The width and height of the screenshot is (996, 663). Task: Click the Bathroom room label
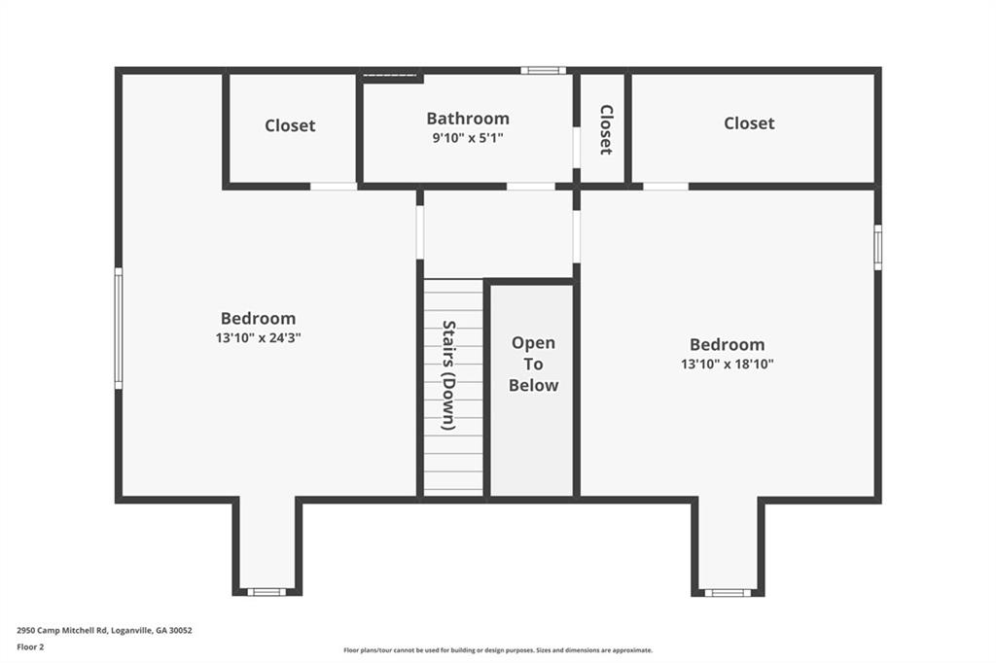click(x=468, y=119)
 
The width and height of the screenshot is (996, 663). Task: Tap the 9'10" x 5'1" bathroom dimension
click(x=468, y=138)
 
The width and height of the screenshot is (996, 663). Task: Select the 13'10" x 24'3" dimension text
click(x=258, y=338)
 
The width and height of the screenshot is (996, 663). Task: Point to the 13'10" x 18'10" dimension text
click(x=727, y=364)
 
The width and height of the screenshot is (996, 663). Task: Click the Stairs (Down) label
click(x=448, y=375)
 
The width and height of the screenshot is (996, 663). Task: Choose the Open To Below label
click(x=533, y=364)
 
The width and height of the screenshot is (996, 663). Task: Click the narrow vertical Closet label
click(x=606, y=129)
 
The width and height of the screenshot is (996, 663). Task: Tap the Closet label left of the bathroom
click(x=290, y=125)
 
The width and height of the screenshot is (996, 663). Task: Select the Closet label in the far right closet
click(x=749, y=122)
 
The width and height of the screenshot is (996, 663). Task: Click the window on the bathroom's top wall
click(x=543, y=70)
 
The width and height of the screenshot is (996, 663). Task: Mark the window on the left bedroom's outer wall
click(x=118, y=328)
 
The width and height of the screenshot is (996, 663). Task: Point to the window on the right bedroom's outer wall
click(x=878, y=247)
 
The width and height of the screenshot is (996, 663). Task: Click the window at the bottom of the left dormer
click(x=267, y=592)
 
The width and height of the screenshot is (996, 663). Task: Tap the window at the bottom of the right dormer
click(x=728, y=592)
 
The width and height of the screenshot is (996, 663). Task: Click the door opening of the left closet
click(x=334, y=186)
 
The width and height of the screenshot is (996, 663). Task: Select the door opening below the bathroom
click(x=531, y=186)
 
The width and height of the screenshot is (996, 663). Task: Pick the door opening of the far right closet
click(x=665, y=186)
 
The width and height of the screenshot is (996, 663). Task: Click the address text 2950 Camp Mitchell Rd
click(x=62, y=631)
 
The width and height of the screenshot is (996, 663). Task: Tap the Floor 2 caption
click(x=30, y=647)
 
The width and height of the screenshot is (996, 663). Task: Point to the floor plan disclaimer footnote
click(x=498, y=650)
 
